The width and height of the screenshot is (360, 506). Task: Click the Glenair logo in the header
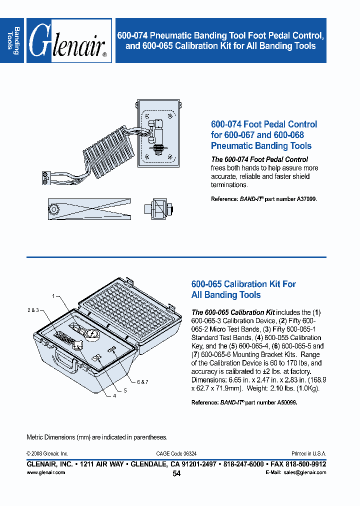(68, 40)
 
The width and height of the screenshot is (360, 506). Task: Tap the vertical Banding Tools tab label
(13, 40)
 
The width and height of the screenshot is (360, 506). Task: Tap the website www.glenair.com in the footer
(45, 472)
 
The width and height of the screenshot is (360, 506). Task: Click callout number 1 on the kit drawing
(52, 296)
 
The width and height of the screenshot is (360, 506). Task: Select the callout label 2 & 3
(33, 310)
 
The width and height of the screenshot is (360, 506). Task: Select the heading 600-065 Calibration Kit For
(243, 284)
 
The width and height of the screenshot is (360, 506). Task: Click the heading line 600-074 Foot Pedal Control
(264, 124)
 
